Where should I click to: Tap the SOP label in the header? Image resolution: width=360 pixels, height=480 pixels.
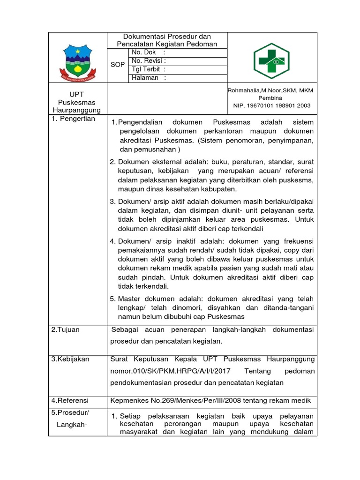(118, 65)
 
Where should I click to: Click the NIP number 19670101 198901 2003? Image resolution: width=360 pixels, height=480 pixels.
(272, 106)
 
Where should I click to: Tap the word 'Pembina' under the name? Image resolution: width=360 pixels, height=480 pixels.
(271, 98)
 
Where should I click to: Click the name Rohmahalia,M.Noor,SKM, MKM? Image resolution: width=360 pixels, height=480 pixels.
(271, 90)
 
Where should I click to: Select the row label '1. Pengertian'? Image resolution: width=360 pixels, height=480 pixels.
(73, 119)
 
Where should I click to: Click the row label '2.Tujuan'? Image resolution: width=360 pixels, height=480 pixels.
(66, 330)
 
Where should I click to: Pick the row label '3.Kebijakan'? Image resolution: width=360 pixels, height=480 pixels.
(70, 359)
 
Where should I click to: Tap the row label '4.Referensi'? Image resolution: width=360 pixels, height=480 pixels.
(70, 401)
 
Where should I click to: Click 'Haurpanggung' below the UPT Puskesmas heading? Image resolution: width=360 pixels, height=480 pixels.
(77, 110)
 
